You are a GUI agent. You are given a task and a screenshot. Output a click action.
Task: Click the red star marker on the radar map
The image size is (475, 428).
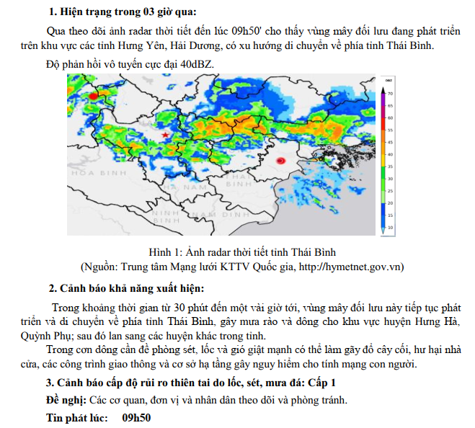(166, 135)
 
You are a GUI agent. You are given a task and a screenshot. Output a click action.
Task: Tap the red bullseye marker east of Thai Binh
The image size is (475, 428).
(280, 161)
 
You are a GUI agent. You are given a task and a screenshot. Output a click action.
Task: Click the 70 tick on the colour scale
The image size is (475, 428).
(391, 94)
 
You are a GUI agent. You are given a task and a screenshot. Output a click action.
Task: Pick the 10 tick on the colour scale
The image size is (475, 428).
(391, 228)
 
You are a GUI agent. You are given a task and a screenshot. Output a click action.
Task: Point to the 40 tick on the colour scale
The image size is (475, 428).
(391, 153)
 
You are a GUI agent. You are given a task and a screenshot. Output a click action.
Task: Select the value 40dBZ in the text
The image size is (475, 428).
(197, 63)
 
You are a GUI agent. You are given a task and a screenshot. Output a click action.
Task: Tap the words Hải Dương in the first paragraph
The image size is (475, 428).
(191, 46)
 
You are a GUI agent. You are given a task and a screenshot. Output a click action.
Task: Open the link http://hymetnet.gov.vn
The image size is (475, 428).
(351, 266)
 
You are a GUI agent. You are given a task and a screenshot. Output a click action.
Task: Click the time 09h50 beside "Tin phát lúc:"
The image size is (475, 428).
(137, 417)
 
